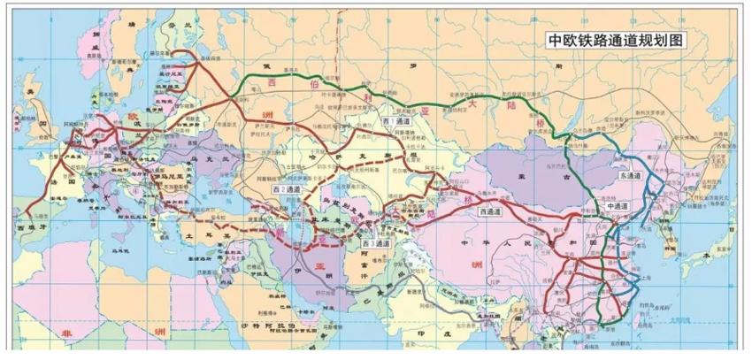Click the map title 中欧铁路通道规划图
[x=614, y=41]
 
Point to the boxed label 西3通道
[x=378, y=241]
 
